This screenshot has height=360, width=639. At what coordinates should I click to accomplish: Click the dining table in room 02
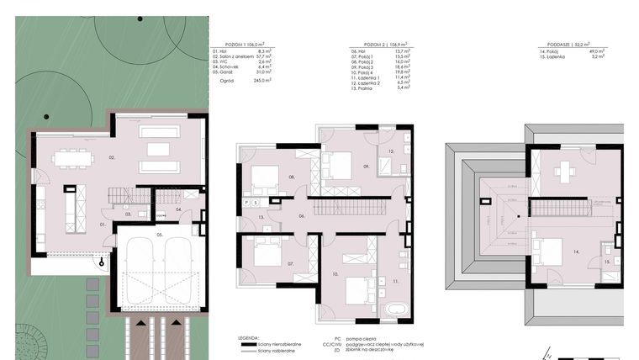pyautogui.click(x=71, y=157)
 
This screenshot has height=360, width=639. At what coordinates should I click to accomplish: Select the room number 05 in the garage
pyautogui.click(x=160, y=236)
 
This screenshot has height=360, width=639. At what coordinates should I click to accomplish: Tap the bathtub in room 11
pyautogui.click(x=393, y=310)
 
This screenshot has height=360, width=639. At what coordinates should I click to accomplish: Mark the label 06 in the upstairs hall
pyautogui.click(x=302, y=216)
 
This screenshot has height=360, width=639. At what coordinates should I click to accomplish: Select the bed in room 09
pyautogui.click(x=341, y=164)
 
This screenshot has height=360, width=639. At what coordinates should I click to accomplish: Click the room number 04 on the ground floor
pyautogui.click(x=178, y=209)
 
